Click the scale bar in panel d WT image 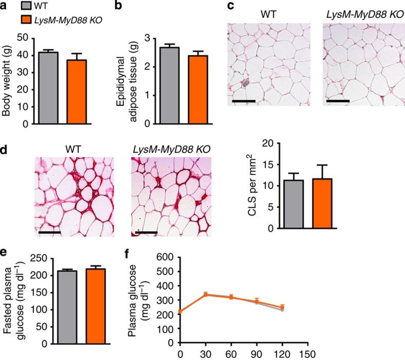click(x=49, y=232)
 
